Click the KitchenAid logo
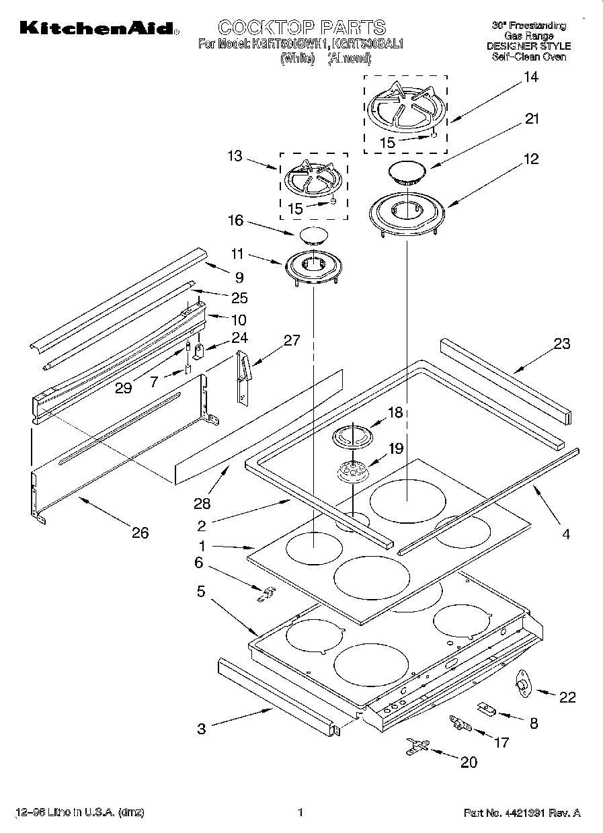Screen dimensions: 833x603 99,28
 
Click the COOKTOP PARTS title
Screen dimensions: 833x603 302,28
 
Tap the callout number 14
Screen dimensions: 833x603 530,77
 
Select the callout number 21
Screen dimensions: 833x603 532,119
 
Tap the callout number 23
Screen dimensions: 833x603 561,344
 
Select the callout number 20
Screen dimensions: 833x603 468,762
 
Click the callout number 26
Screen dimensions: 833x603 140,533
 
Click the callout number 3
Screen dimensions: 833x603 202,728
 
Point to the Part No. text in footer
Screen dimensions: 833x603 522,812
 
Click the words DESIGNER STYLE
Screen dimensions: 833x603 528,46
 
